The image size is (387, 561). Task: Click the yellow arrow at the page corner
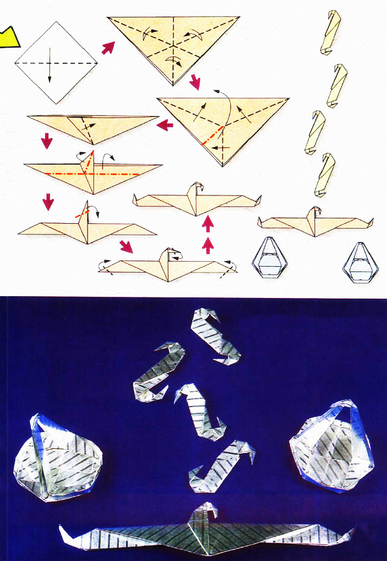(8, 37)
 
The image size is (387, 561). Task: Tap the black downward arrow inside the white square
(50, 71)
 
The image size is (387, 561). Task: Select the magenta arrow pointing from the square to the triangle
(108, 48)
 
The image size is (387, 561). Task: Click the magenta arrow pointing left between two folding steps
(165, 125)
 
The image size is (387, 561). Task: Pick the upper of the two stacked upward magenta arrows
(208, 225)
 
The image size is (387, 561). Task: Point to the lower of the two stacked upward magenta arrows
(208, 244)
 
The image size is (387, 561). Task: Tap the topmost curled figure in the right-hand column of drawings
(330, 31)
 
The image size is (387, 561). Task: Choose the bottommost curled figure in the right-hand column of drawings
(327, 175)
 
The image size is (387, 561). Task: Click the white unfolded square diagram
(55, 62)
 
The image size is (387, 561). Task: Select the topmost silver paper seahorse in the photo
(213, 334)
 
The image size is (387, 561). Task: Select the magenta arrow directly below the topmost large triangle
(194, 81)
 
